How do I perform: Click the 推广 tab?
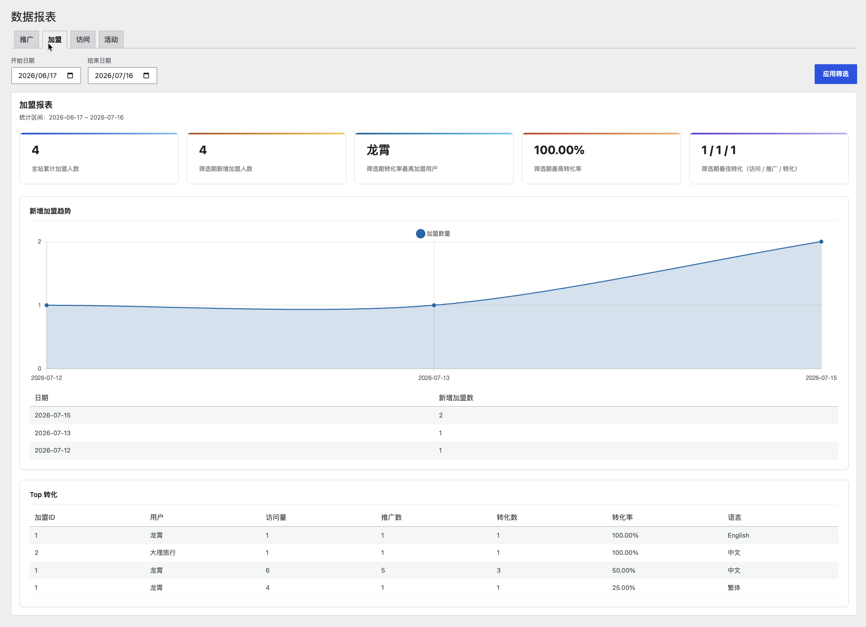[x=27, y=40]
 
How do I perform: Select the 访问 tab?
[x=83, y=40]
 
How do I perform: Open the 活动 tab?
[x=111, y=40]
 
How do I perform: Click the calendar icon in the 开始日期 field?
[x=70, y=76]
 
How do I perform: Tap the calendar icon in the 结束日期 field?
[x=146, y=76]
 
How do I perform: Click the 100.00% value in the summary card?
[x=559, y=150]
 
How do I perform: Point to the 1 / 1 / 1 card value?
[x=719, y=150]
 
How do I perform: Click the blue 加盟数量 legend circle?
[x=420, y=234]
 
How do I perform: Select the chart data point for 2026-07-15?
[x=821, y=242]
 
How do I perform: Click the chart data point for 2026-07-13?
[x=434, y=305]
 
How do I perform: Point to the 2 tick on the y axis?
[x=40, y=242]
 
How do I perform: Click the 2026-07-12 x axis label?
[x=46, y=378]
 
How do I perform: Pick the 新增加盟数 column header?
[x=456, y=398]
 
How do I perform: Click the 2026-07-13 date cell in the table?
[x=52, y=433]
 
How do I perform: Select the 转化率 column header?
[x=622, y=517]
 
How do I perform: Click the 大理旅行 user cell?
[x=163, y=553]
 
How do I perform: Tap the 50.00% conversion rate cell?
[x=624, y=571]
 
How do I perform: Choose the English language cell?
[x=739, y=536]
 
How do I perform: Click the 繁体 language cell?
[x=734, y=588]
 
